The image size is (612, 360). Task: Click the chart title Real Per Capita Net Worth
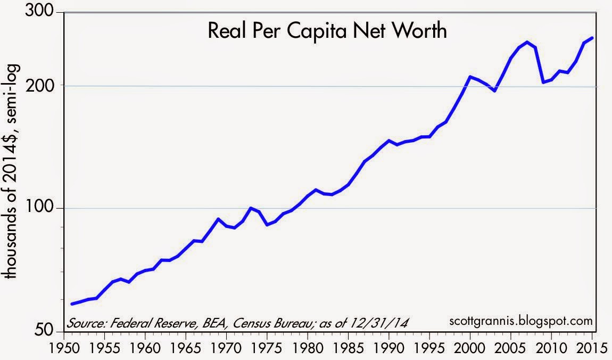327,32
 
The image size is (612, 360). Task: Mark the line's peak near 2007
527,42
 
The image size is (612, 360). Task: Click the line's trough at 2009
543,83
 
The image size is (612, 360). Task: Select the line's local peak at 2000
470,77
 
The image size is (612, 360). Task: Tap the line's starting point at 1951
72,304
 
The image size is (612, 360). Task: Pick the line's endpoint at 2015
592,38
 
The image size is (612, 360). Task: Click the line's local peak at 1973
251,208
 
